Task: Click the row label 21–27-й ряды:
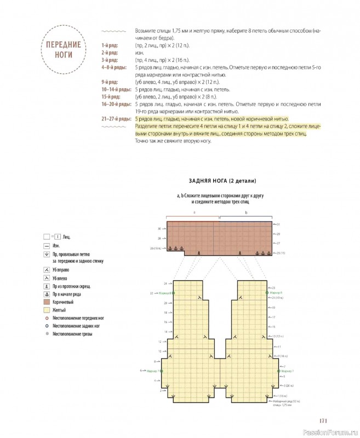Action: point(116,119)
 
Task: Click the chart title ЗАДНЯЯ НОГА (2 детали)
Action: point(222,181)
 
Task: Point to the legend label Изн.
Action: point(56,246)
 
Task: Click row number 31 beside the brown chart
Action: point(278,225)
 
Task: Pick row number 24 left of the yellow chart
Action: point(164,284)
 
